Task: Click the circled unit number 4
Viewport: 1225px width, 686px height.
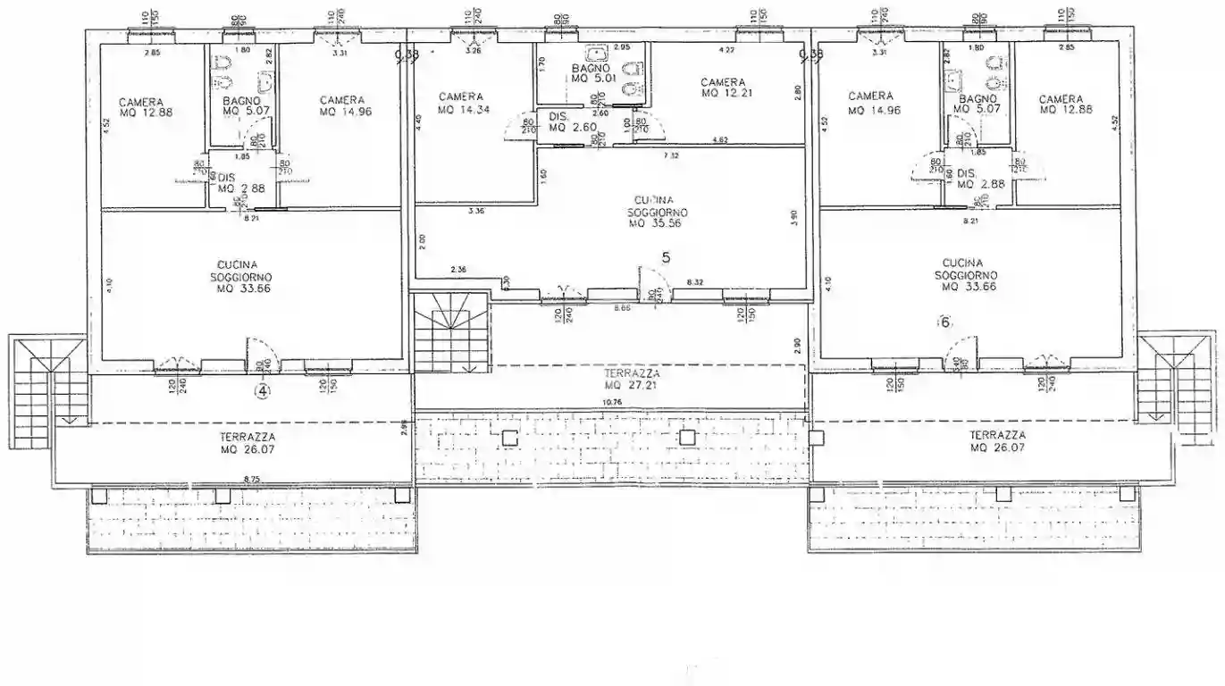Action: pyautogui.click(x=262, y=390)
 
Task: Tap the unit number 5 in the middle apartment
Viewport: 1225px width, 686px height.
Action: pyautogui.click(x=666, y=257)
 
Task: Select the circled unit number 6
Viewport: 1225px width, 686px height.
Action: pyautogui.click(x=946, y=322)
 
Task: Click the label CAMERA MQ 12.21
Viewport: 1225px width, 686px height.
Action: pyautogui.click(x=723, y=88)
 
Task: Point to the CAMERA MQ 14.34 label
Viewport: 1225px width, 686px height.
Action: pyautogui.click(x=460, y=103)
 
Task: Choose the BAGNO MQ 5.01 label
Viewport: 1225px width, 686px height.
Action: pyautogui.click(x=591, y=73)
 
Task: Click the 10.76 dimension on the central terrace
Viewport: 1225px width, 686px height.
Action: pyautogui.click(x=614, y=403)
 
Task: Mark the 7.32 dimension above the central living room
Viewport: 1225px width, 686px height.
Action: pyautogui.click(x=670, y=155)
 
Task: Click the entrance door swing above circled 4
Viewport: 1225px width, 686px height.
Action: pyautogui.click(x=264, y=356)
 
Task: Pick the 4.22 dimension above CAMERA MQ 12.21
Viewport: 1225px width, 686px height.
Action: pyautogui.click(x=727, y=49)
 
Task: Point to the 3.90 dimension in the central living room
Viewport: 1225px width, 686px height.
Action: pyautogui.click(x=793, y=217)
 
